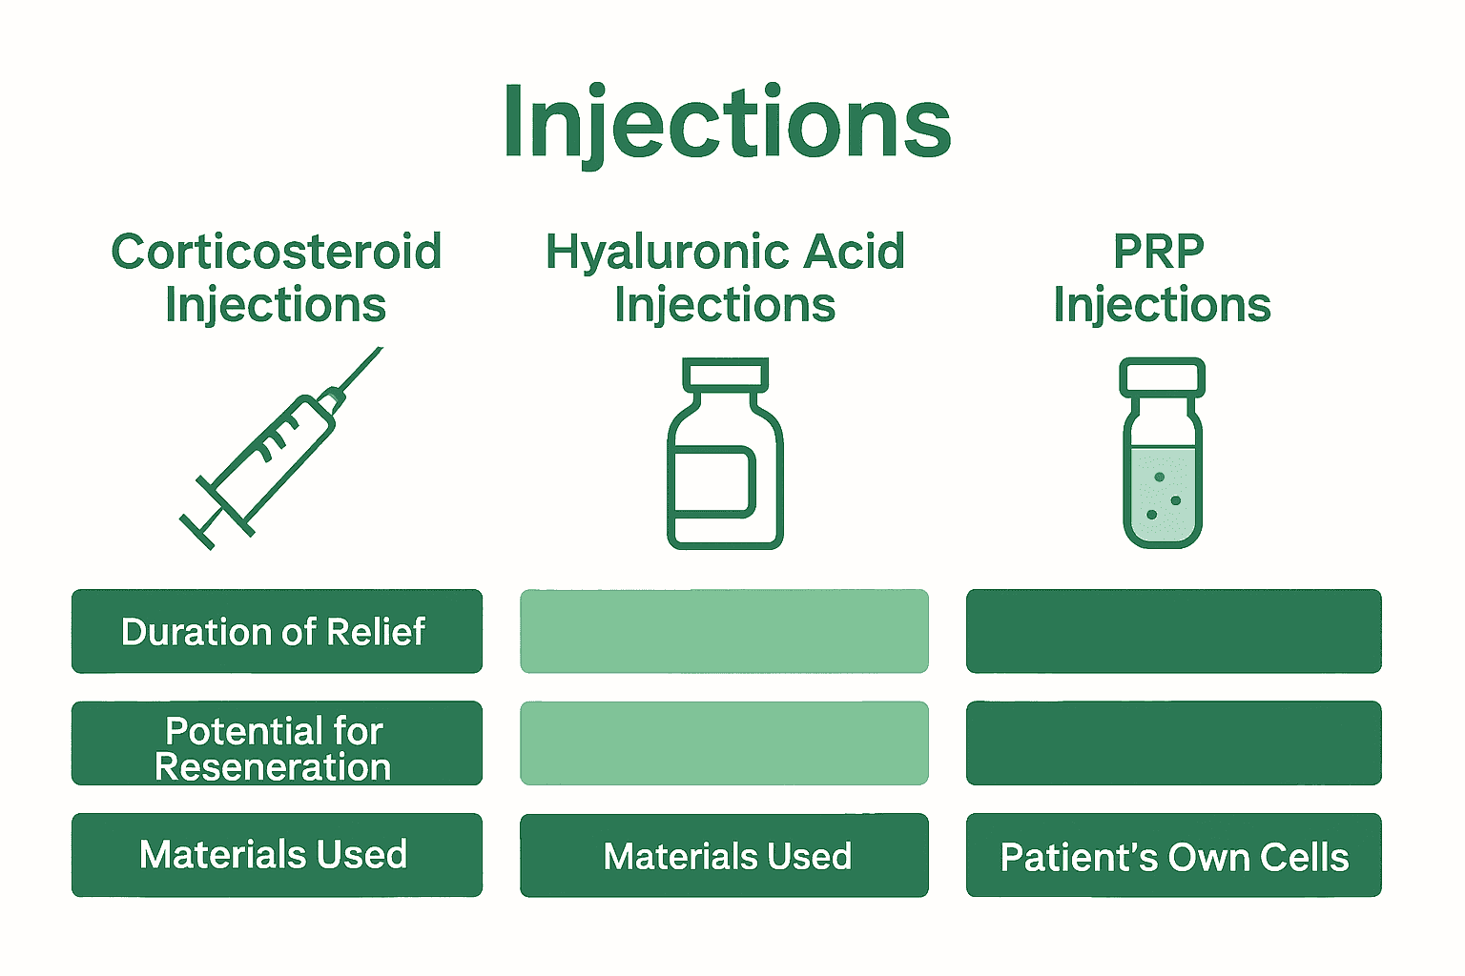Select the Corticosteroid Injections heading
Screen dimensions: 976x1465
coord(276,278)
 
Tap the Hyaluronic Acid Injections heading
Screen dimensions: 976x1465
coord(725,278)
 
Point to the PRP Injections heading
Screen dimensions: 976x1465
coord(1161,278)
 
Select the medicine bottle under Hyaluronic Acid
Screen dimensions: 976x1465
coord(725,455)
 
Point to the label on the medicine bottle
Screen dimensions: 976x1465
coord(714,481)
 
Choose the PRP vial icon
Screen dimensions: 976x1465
coord(1162,455)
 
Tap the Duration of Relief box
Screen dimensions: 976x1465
coord(277,631)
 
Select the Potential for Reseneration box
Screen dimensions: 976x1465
coord(277,743)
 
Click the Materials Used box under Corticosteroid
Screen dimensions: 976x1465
coord(277,855)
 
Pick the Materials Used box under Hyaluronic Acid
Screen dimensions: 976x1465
coord(725,855)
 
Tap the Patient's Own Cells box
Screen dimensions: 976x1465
coord(1173,855)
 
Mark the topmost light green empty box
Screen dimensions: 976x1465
coord(725,631)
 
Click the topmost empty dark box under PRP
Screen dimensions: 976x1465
coord(1173,631)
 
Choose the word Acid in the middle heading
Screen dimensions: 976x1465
coord(854,253)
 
